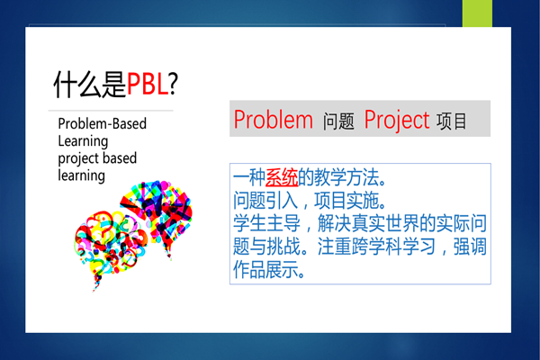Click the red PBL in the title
point(148,85)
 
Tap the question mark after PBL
point(174,84)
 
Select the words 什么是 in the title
point(90,85)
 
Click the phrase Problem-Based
point(103,123)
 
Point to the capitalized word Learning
point(83,141)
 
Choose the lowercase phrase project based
point(97,158)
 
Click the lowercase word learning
point(82,175)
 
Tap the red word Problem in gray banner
point(274,120)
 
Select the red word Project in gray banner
point(397,121)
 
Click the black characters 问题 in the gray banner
point(338,121)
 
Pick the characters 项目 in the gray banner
point(452,121)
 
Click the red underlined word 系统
point(282,178)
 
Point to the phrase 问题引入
point(265,201)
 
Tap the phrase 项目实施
point(346,201)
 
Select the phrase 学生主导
point(266,223)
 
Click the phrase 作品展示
point(265,269)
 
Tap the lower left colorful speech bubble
point(110,246)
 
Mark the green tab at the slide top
point(477,13)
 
